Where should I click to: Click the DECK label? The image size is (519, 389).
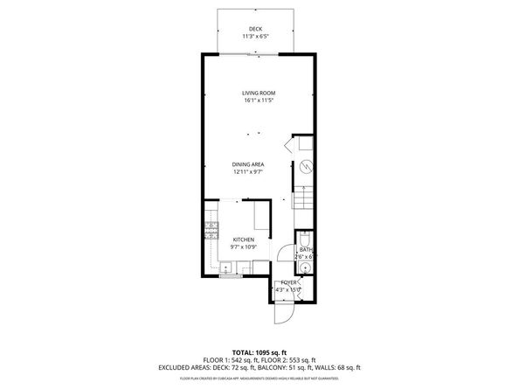click(x=255, y=29)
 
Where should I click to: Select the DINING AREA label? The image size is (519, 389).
click(x=248, y=164)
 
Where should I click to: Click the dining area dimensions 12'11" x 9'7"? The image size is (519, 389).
click(x=248, y=172)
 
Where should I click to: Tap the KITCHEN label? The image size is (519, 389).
click(x=243, y=239)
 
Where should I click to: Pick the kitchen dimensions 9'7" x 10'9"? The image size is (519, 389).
click(x=243, y=247)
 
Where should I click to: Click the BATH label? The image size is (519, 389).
click(x=305, y=249)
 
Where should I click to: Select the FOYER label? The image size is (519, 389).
click(x=287, y=282)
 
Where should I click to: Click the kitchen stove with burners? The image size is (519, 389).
click(x=211, y=232)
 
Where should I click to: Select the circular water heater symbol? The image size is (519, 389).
click(x=306, y=166)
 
